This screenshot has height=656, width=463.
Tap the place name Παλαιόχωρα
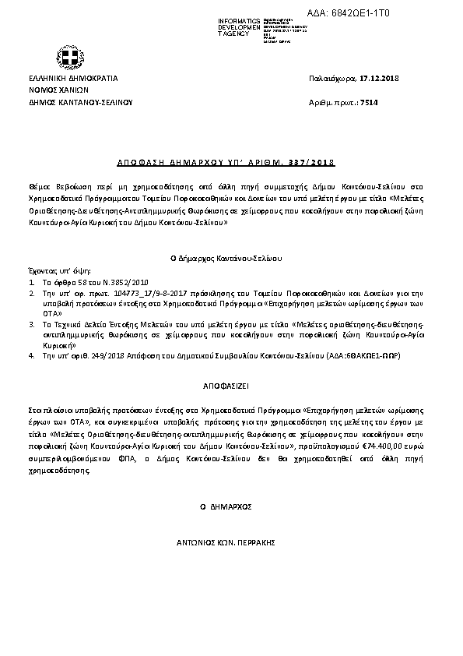click(332, 79)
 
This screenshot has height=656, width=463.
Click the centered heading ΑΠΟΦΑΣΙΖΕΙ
click(231, 386)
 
